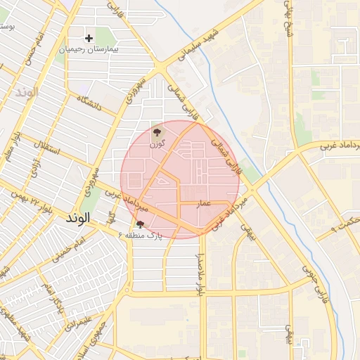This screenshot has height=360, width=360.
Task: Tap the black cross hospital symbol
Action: pos(89,38)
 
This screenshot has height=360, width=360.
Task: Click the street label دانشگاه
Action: pos(90,105)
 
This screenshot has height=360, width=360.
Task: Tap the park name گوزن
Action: pos(157,143)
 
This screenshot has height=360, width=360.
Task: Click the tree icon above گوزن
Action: pos(157,131)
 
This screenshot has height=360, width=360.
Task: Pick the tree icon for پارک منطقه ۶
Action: pos(141,224)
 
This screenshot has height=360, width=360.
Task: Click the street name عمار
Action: pos(204,202)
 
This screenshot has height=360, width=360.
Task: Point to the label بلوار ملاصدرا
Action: pos(200,274)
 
